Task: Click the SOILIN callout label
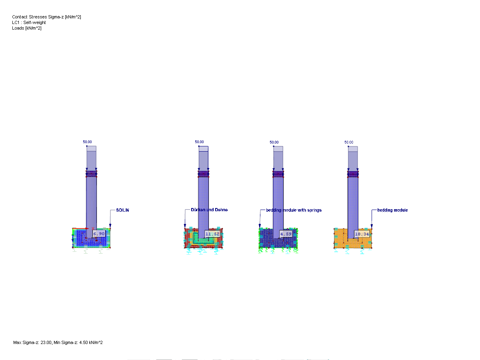tap(122, 210)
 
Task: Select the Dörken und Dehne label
tap(209, 210)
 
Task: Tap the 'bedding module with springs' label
tap(294, 210)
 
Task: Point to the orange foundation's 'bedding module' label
tap(392, 210)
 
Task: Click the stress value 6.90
tap(99, 234)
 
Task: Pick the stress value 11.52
tap(212, 234)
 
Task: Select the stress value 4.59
tap(286, 234)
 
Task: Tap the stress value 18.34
tap(362, 234)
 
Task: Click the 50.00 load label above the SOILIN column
tap(87, 142)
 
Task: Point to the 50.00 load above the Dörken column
tap(199, 142)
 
